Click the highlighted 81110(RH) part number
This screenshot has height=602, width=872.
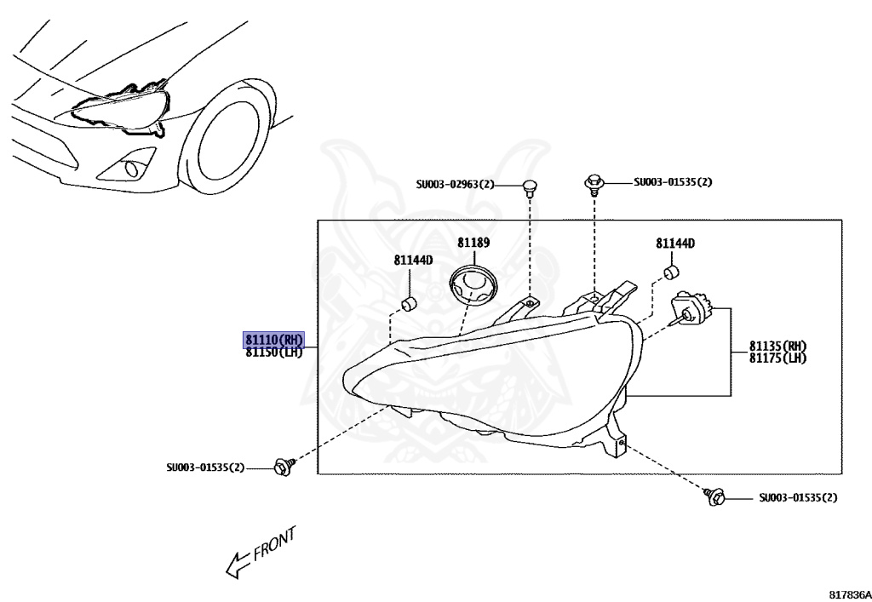[273, 339]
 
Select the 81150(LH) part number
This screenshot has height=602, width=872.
[273, 352]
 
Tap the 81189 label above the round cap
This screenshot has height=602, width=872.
[473, 243]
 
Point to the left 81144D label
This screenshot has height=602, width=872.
[413, 260]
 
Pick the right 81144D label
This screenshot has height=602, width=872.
[675, 244]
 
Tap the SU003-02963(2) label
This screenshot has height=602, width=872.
[455, 184]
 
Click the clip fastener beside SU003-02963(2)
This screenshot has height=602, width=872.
[529, 186]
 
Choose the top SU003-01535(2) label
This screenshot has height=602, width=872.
[673, 182]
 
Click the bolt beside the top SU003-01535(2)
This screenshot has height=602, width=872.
[594, 182]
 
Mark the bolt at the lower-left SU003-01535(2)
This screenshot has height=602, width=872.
[281, 466]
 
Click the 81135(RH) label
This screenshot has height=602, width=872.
[777, 347]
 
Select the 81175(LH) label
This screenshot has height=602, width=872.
[777, 358]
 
